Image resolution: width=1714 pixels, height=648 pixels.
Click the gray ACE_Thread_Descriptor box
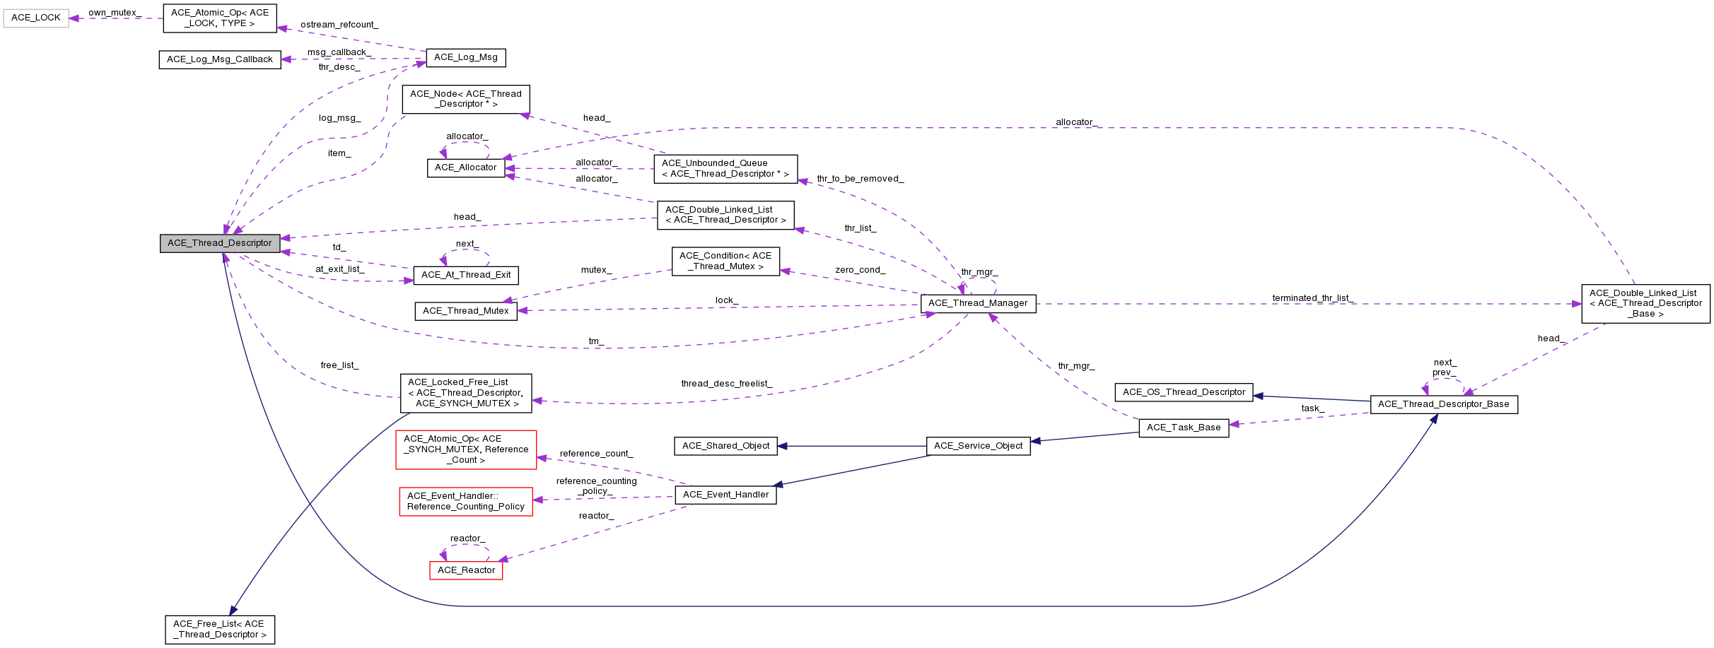(220, 243)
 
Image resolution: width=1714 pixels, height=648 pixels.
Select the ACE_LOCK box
(36, 18)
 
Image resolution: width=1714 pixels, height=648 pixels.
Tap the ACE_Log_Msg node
(465, 57)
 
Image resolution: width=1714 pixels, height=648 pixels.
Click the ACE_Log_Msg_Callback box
(219, 59)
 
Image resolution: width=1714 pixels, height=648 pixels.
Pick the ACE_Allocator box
(465, 167)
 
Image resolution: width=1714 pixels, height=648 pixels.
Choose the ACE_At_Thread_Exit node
(466, 275)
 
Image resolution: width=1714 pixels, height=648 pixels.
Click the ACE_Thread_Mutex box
(465, 311)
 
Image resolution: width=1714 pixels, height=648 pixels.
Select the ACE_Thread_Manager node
(978, 303)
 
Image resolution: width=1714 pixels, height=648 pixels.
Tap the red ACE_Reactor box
(466, 570)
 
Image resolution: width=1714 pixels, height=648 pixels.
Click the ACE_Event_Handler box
(725, 495)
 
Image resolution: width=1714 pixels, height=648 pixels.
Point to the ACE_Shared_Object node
(725, 446)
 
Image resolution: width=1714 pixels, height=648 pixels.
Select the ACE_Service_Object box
(978, 446)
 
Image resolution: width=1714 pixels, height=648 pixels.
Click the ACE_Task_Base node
(1184, 428)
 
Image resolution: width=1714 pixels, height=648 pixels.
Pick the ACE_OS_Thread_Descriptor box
(1184, 392)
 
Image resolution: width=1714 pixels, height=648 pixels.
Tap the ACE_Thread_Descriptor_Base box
(1443, 404)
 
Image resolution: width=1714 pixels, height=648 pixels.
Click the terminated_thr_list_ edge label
(1313, 298)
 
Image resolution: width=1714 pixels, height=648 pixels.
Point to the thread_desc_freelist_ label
(726, 384)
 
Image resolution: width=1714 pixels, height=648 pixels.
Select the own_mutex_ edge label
(115, 13)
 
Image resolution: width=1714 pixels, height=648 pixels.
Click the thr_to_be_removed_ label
(860, 179)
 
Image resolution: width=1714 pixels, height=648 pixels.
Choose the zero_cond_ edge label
(860, 270)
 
